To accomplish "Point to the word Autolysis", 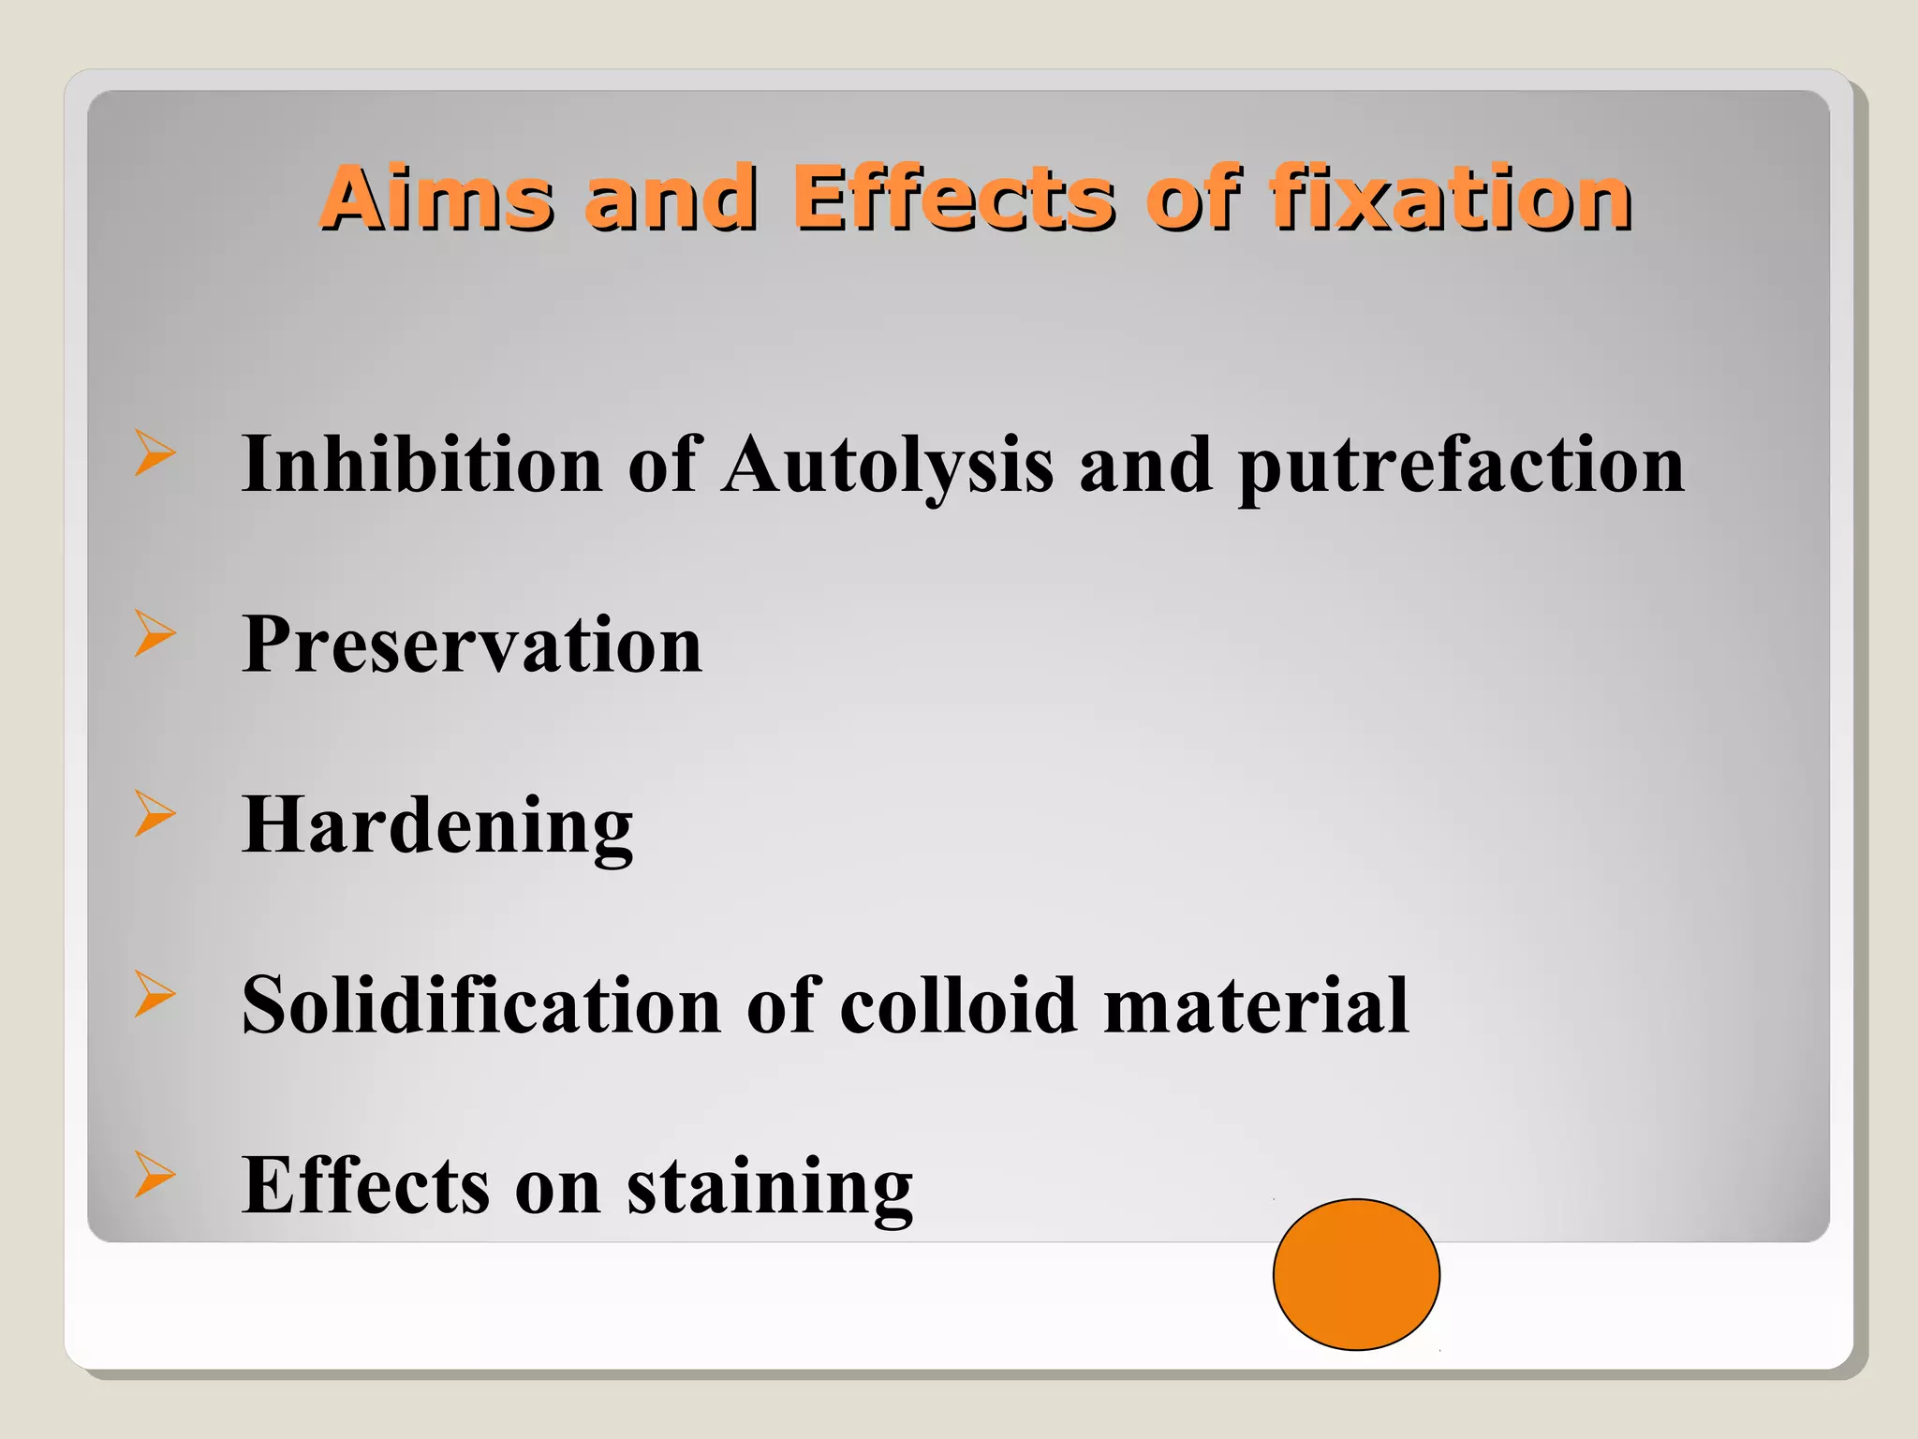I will [888, 466].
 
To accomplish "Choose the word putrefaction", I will [1461, 466].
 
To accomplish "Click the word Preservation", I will [472, 645].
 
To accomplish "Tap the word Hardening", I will [437, 825].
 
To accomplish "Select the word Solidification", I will [481, 1005].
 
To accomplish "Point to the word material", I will [1257, 1005].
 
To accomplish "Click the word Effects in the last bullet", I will [365, 1185].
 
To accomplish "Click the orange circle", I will [1356, 1274].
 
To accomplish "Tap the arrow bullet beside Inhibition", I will [155, 452].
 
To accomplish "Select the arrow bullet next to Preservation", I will [155, 632].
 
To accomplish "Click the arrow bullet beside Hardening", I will [155, 812].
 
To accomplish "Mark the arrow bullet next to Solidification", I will [155, 993].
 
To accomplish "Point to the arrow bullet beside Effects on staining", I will [155, 1174].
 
